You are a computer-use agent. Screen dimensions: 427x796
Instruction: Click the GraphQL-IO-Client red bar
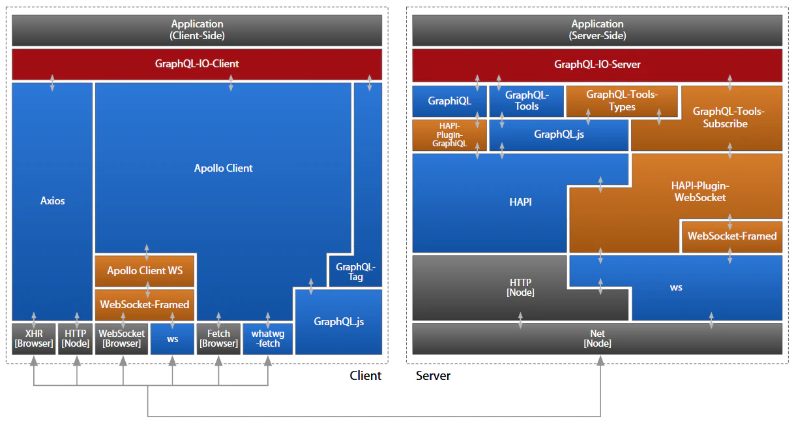196,64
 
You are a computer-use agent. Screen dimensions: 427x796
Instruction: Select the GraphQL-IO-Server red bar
597,65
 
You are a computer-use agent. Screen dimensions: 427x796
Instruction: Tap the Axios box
52,201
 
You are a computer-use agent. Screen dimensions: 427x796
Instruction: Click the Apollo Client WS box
145,270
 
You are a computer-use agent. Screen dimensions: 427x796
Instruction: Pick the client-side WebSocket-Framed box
145,304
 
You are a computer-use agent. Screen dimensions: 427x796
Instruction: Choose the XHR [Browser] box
34,338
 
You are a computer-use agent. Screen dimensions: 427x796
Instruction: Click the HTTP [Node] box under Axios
74,338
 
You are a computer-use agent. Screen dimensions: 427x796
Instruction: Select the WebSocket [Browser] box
122,338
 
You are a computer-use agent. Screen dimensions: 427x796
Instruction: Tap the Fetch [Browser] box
218,338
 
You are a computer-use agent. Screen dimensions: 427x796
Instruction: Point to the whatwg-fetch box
267,338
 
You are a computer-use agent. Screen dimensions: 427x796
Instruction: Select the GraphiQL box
449,101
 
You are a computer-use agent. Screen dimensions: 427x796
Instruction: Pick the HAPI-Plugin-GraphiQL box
449,134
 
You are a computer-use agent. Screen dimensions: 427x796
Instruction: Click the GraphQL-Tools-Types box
621,101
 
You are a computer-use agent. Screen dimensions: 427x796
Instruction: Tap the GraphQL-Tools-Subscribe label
728,118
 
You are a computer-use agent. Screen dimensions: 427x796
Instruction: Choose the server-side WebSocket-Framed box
731,236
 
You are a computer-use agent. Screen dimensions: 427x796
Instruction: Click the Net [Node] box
597,338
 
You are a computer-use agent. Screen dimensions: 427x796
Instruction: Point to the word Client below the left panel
365,375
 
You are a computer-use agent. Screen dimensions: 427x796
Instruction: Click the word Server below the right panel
433,375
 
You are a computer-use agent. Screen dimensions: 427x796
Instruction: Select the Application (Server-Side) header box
597,30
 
